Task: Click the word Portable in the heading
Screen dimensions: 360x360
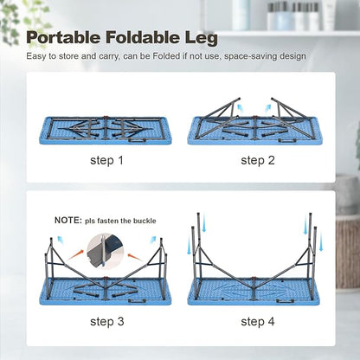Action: pyautogui.click(x=63, y=38)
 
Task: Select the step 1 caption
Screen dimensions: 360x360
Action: pyautogui.click(x=106, y=160)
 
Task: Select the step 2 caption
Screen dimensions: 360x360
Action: pyautogui.click(x=258, y=160)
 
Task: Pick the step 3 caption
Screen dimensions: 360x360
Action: pyautogui.click(x=107, y=321)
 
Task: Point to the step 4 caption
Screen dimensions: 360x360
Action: pyautogui.click(x=258, y=321)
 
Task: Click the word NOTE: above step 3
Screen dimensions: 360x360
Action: pyautogui.click(x=68, y=221)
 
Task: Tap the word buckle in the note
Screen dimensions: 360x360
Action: pyautogui.click(x=145, y=221)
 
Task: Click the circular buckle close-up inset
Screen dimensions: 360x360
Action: pyautogui.click(x=106, y=252)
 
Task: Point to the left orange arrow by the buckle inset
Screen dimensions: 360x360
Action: pyautogui.click(x=75, y=254)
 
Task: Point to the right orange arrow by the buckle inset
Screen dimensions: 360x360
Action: pyautogui.click(x=135, y=257)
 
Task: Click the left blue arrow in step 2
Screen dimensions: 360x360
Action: pyautogui.click(x=240, y=109)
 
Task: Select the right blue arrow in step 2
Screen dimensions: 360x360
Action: pyautogui.click(x=268, y=110)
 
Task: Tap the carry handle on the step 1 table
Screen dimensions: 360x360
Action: pyautogui.click(x=137, y=140)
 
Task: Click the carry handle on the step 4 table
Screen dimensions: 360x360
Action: pyautogui.click(x=285, y=301)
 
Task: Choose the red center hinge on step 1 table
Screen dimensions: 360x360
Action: pyautogui.click(x=106, y=118)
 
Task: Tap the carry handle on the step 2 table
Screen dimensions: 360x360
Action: pyautogui.click(x=287, y=140)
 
